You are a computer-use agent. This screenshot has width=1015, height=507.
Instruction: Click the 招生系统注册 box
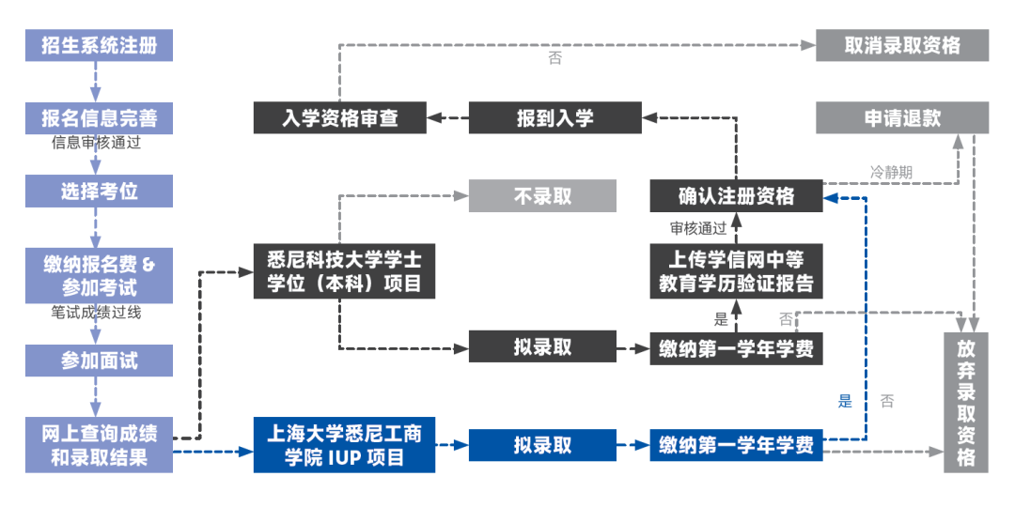click(x=99, y=45)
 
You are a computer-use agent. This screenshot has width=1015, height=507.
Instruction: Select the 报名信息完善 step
click(x=99, y=118)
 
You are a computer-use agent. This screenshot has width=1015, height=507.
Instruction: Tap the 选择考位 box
click(x=99, y=192)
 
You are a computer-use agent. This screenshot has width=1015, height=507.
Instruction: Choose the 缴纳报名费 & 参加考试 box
click(x=99, y=275)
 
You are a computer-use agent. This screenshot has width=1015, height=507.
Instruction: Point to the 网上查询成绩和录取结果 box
click(x=99, y=445)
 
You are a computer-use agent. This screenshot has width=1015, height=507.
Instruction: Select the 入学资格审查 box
click(x=340, y=118)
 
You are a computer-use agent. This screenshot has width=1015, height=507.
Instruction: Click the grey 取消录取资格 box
click(x=901, y=45)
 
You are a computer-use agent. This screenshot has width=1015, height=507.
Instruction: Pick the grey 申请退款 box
click(x=901, y=118)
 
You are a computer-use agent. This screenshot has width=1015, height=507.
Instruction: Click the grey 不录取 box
click(x=542, y=196)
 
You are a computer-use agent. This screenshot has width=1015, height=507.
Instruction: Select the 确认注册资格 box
click(x=736, y=196)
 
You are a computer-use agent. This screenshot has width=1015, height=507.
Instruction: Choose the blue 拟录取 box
click(x=542, y=445)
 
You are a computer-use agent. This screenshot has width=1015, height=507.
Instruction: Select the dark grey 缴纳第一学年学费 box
click(x=736, y=348)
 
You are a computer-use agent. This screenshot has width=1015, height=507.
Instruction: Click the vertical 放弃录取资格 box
click(x=966, y=403)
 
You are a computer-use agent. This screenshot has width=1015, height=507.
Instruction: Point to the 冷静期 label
click(x=890, y=173)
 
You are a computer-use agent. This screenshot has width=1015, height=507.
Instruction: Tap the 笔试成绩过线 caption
click(x=97, y=313)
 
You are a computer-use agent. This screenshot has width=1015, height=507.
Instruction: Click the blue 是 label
click(x=845, y=402)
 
